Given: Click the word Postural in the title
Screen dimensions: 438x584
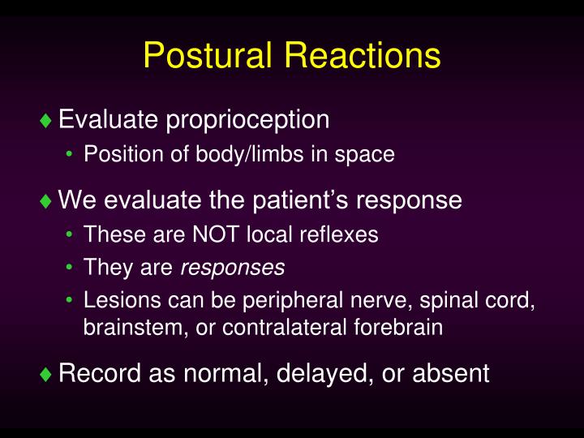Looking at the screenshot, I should pos(210,57).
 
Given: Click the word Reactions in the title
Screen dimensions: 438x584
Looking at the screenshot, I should pos(363,57).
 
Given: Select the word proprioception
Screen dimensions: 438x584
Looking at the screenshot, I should pos(247,120).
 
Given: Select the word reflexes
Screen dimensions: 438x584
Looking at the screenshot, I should pos(341,235).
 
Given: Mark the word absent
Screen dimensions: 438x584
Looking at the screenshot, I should pos(451,373).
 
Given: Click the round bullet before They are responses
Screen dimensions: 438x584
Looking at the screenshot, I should pos(71,268).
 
